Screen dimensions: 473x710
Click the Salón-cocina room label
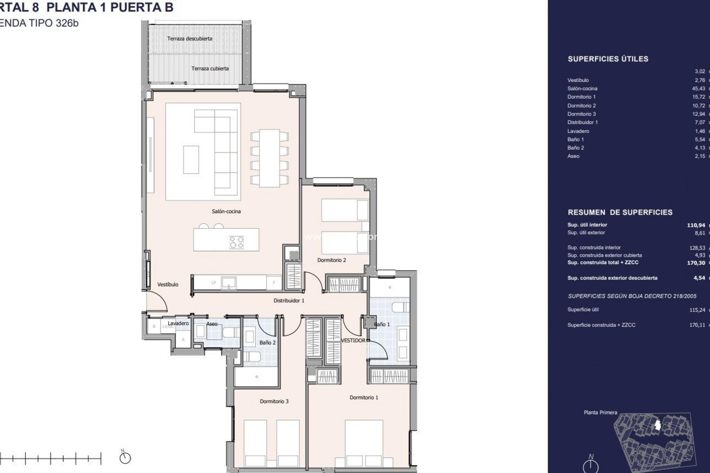pyautogui.click(x=226, y=211)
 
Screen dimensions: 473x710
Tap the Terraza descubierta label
pyautogui.click(x=189, y=38)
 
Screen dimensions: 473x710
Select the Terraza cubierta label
pyautogui.click(x=210, y=68)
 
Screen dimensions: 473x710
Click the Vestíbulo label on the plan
pyautogui.click(x=168, y=285)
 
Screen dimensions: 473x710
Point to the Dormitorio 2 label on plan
pyautogui.click(x=331, y=260)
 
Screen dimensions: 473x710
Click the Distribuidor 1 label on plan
pyautogui.click(x=288, y=301)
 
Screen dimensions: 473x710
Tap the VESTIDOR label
pyautogui.click(x=353, y=340)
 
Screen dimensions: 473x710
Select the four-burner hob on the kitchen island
pyautogui.click(x=237, y=242)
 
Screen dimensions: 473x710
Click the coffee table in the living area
pyautogui.click(x=191, y=160)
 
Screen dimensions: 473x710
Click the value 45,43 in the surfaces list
pyautogui.click(x=699, y=89)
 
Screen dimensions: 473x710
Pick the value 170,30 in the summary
pyautogui.click(x=696, y=263)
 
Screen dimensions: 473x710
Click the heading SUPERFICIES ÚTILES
pyautogui.click(x=608, y=59)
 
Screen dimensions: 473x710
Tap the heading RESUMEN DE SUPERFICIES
pyautogui.click(x=620, y=212)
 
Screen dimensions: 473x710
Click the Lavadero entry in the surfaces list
pyautogui.click(x=578, y=131)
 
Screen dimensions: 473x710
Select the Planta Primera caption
pyautogui.click(x=600, y=412)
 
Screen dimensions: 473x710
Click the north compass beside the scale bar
pyautogui.click(x=125, y=458)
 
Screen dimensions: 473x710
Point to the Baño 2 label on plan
pyautogui.click(x=267, y=343)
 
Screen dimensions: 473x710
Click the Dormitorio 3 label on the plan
pyautogui.click(x=274, y=401)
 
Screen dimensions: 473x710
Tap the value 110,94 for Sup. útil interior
pyautogui.click(x=696, y=225)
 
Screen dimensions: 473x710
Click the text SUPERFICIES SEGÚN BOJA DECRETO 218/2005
pyautogui.click(x=632, y=296)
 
